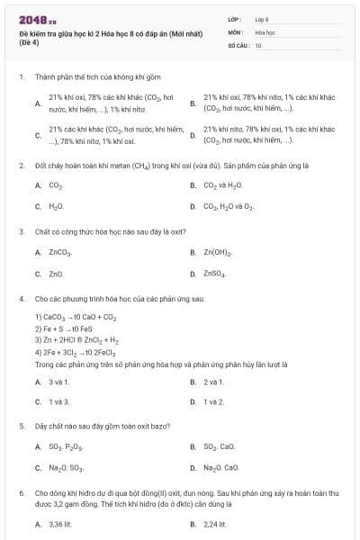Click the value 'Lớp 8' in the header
point(262,19)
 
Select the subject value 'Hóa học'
point(265,31)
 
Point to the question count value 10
point(258,44)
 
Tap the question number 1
point(21,77)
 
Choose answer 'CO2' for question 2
point(56,185)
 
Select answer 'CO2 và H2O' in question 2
point(217,185)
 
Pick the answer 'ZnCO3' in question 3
point(59,253)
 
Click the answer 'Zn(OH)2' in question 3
point(218,253)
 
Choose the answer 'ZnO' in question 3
point(56,273)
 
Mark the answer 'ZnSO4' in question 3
point(215,273)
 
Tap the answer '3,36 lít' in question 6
point(60,523)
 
